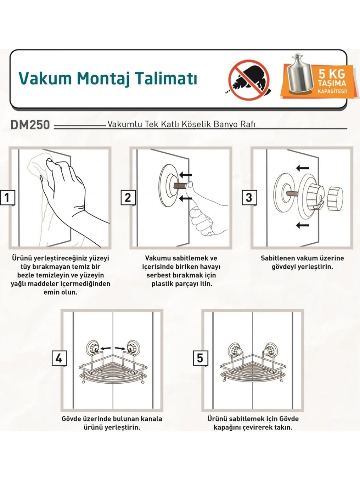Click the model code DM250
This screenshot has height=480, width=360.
tap(30, 125)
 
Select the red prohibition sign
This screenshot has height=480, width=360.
tap(249, 81)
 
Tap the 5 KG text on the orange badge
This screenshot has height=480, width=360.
tap(332, 74)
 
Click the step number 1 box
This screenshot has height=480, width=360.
tap(7, 198)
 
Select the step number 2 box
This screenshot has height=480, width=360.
tap(128, 198)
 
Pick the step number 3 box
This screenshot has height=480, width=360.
tap(249, 198)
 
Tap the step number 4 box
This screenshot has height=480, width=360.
tap(59, 359)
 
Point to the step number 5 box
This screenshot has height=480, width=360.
tap(200, 359)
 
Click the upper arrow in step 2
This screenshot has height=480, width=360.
tap(185, 175)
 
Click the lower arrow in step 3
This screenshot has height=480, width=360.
tap(302, 225)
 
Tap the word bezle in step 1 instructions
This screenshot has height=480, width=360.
tap(25, 275)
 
